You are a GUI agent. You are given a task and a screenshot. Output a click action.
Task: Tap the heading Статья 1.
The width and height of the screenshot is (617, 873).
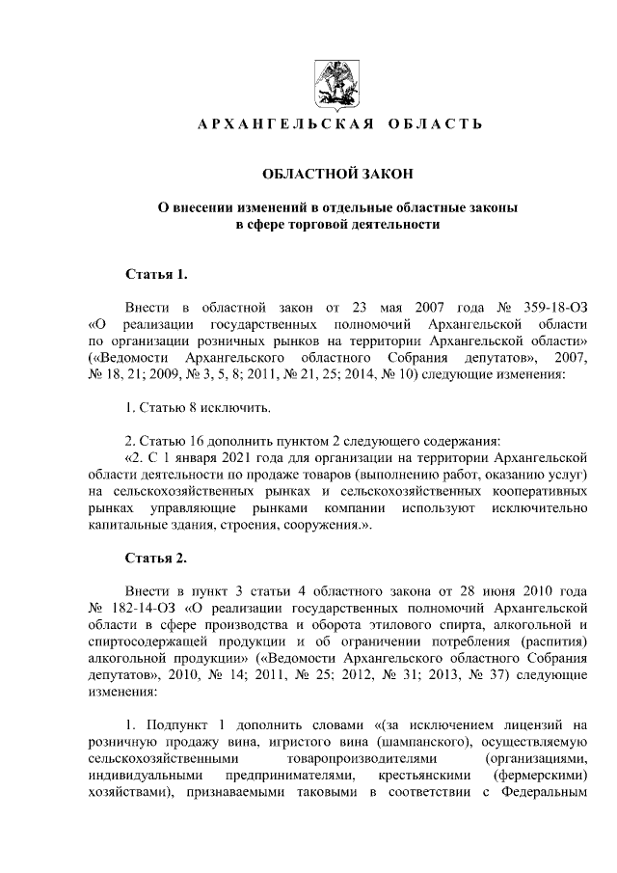[155, 275]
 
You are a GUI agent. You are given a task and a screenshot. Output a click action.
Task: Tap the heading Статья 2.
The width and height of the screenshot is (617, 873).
[155, 559]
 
